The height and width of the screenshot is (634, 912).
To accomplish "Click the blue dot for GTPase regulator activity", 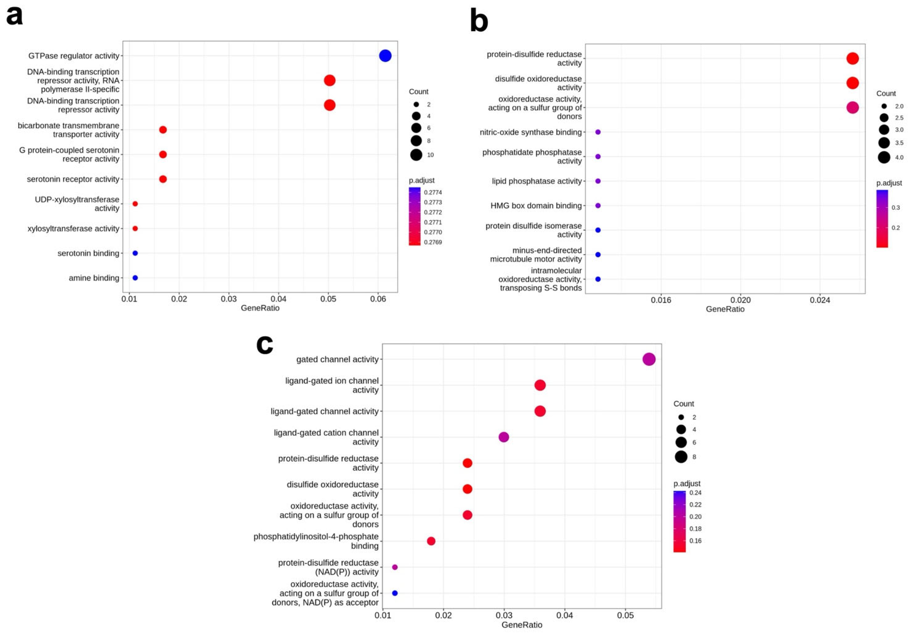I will [x=385, y=56].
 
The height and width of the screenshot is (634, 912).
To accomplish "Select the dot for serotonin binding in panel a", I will [x=135, y=253].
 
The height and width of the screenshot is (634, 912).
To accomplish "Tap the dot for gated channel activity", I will [x=649, y=359].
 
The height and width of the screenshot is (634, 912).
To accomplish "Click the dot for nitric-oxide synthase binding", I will [x=598, y=132].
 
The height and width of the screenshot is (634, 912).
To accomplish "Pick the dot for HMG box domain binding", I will [x=598, y=205].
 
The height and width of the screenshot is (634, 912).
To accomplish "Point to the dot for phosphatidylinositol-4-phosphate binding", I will [x=431, y=541].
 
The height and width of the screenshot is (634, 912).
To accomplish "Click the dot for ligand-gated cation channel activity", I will [x=503, y=437].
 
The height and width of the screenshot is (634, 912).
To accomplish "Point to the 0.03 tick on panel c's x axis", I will [x=504, y=615].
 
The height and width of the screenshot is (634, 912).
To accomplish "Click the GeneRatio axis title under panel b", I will [x=725, y=309].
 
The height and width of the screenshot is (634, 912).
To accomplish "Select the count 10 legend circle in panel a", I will [x=416, y=154].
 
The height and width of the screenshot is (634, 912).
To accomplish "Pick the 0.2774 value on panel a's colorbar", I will [x=433, y=192].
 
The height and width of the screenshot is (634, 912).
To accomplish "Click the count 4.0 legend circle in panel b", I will [x=884, y=157].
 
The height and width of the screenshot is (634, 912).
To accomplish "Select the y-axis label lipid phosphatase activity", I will [x=536, y=181].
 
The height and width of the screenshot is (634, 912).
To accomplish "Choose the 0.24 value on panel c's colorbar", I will [x=695, y=493].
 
